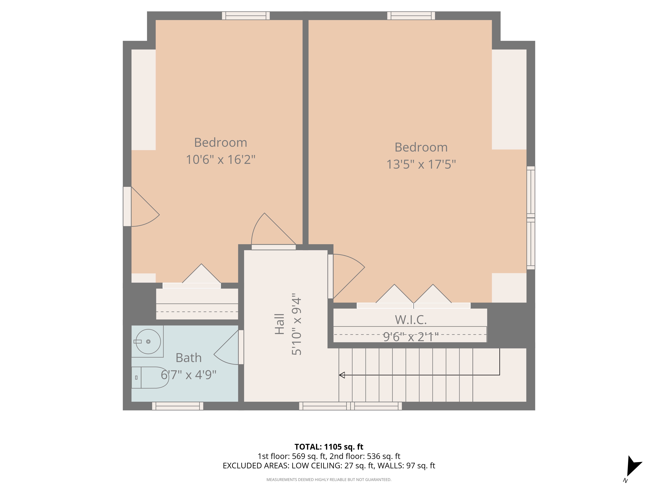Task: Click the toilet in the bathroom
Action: click(150, 377)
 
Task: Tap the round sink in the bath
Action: click(148, 341)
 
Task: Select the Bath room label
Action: click(189, 358)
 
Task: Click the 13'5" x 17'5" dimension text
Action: click(421, 164)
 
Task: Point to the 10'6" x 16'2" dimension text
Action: click(220, 160)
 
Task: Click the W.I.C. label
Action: click(411, 320)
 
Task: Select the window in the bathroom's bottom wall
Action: click(178, 406)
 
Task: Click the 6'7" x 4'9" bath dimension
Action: click(189, 375)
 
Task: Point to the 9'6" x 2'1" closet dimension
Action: click(411, 337)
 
